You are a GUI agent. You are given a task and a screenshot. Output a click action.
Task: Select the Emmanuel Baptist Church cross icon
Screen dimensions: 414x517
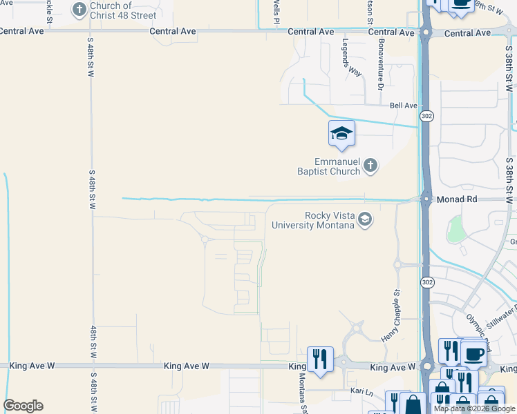pos(371,165)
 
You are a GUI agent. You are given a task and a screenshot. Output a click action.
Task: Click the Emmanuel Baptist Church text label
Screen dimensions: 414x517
pos(329,166)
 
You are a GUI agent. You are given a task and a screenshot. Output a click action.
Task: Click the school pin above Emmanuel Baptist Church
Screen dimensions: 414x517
pos(341,134)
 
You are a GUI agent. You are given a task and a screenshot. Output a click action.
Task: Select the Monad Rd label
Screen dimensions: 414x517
pos(458,199)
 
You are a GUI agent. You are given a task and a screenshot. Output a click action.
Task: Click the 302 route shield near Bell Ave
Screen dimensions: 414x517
pos(426,116)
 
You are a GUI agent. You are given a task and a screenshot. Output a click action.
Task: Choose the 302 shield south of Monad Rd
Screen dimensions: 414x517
pos(426,282)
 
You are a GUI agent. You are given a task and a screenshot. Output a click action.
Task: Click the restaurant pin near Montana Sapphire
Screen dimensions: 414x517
pos(320,360)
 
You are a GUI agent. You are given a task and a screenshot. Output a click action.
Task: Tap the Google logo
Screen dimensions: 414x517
pos(23,406)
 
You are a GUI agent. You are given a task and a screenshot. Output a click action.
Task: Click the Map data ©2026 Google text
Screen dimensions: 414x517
pos(475,408)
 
